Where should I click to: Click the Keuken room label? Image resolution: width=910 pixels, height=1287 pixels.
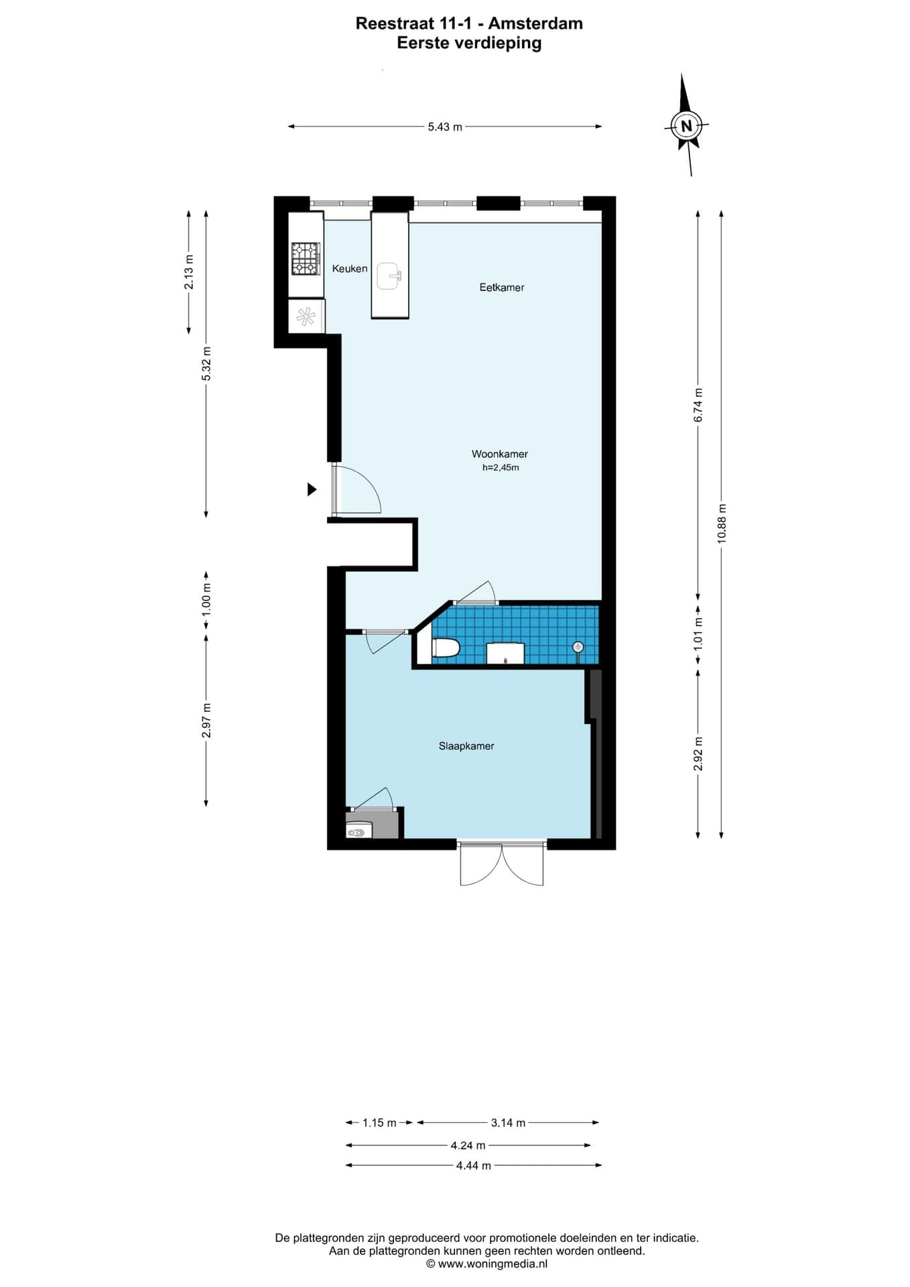tap(350, 269)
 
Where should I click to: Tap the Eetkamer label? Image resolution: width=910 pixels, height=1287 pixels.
tap(502, 288)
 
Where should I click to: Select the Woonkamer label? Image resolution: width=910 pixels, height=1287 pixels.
tap(500, 454)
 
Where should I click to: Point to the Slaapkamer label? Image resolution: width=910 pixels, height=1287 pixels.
tap(466, 746)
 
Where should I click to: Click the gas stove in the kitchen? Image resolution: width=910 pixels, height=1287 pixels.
tap(306, 259)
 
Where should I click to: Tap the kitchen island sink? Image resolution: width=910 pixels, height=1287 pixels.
tap(389, 276)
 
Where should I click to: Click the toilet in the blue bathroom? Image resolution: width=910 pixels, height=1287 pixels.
tap(446, 648)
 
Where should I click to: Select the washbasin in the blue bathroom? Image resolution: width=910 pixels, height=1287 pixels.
tap(505, 653)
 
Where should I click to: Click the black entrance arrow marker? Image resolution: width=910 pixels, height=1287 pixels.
tap(312, 489)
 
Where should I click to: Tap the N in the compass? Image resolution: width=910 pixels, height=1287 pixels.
tap(686, 125)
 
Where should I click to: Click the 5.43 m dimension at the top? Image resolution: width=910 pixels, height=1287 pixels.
tap(445, 127)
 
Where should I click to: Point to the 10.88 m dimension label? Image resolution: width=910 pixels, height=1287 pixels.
tap(722, 523)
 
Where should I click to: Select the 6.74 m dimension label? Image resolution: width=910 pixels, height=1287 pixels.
tap(698, 406)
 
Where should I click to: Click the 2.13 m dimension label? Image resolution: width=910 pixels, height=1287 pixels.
tap(189, 273)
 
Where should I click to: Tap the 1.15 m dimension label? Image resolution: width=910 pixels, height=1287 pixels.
tap(379, 1123)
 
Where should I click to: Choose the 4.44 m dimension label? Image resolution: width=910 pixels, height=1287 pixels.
tap(474, 1166)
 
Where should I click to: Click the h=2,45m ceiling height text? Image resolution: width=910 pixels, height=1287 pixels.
tap(501, 468)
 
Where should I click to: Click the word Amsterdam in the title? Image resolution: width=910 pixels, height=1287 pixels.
tap(535, 23)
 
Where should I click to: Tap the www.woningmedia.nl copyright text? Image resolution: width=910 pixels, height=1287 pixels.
tap(487, 1264)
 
